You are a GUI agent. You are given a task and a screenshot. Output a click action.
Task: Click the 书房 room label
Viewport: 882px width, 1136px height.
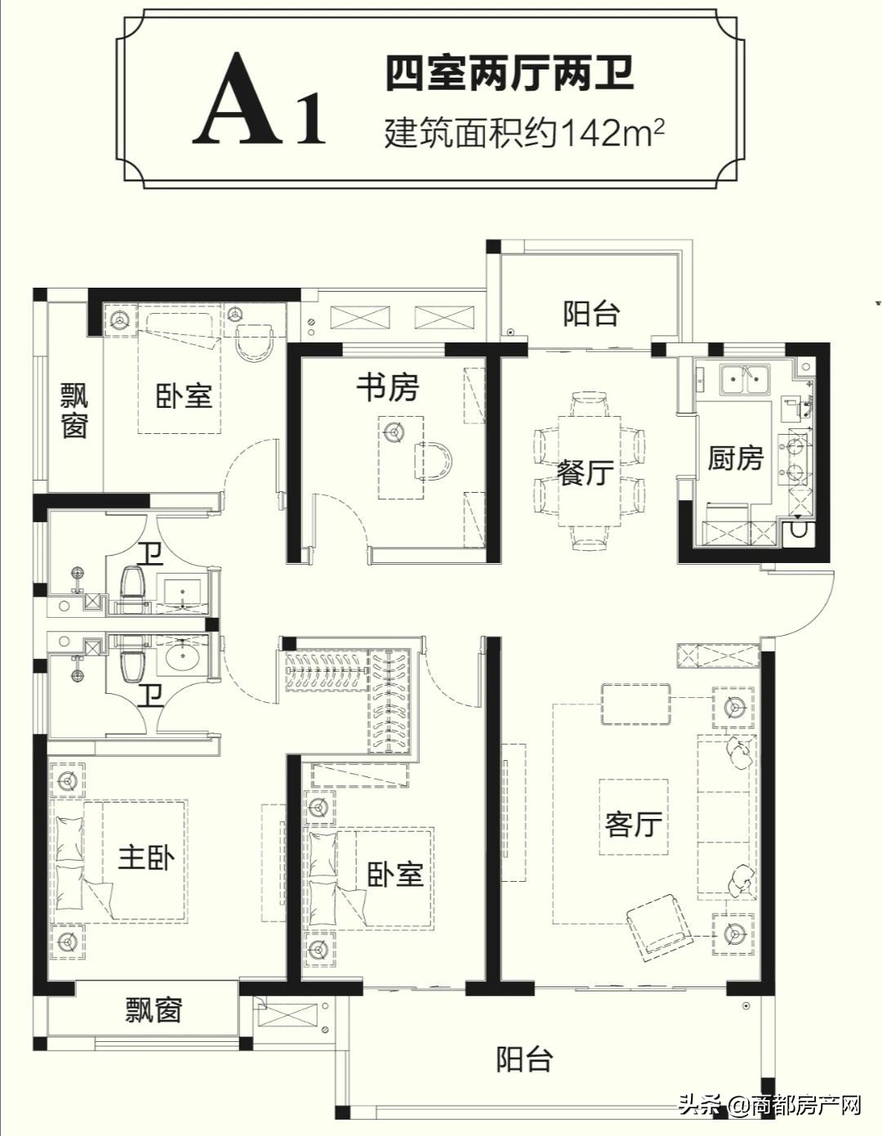387,388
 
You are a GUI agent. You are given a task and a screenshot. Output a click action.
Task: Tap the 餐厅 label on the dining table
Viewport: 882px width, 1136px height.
586,472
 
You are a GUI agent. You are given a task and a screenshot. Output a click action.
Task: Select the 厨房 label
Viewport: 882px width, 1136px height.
734,458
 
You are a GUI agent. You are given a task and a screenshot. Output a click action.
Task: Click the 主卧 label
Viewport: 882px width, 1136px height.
147,858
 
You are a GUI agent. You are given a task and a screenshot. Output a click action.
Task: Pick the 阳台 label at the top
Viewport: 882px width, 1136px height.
590,313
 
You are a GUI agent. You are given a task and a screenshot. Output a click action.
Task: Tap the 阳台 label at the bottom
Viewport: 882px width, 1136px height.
524,1060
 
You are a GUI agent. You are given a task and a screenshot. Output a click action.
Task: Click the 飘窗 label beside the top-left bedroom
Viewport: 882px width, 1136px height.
74,411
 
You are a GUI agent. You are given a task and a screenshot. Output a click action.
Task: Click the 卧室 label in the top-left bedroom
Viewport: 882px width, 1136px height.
184,396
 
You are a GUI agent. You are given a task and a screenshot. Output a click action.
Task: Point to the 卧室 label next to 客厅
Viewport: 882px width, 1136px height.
395,874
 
